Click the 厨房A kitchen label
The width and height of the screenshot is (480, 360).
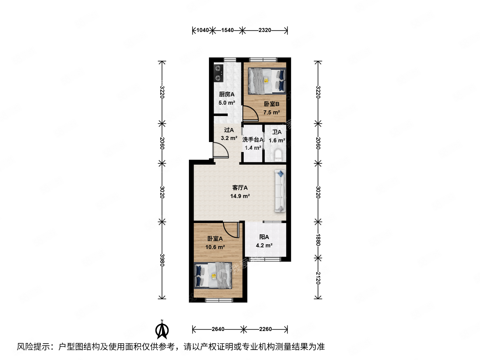point(226,94)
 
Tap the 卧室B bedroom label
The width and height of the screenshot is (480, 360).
point(271,104)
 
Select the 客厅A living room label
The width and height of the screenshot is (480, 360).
point(240,188)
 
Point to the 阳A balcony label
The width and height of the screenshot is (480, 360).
point(264,237)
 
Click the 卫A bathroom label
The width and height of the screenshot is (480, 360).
point(277,132)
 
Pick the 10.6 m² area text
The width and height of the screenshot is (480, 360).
point(215,247)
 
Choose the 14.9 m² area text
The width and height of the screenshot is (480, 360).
point(240,196)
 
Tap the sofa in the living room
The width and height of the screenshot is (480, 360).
point(280,191)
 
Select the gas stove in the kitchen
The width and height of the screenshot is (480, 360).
point(218,73)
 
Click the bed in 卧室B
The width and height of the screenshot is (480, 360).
point(267,81)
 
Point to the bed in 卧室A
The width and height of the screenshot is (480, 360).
point(213,275)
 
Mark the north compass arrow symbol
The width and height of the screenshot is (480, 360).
point(162,330)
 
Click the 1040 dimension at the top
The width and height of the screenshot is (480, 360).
point(202,30)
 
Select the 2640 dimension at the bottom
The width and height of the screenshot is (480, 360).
point(218,329)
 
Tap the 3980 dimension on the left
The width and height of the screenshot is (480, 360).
point(162,260)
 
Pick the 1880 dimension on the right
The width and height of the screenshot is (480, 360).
point(318,240)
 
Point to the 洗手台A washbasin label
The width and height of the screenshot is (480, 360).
point(253,140)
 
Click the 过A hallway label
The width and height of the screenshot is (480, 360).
point(229,130)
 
